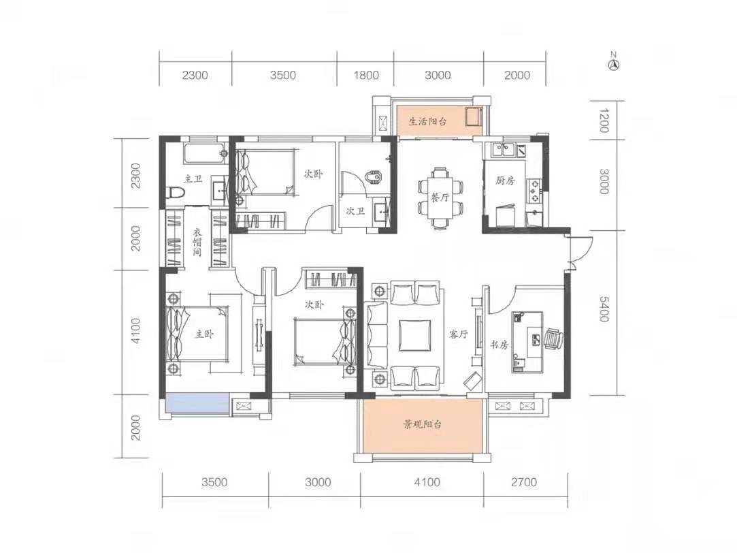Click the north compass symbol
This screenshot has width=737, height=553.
point(613,64)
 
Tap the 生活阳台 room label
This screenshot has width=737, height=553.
point(428,122)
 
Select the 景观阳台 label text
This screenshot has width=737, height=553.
point(423,425)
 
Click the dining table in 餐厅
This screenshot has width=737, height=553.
point(440,197)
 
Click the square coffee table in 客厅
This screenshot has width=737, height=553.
point(415,335)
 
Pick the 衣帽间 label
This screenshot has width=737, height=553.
point(197,242)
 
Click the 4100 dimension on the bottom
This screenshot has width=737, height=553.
point(427,482)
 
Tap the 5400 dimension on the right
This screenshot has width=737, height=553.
point(604,309)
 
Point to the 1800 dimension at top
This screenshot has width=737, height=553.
point(366,75)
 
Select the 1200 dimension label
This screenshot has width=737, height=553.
point(604,121)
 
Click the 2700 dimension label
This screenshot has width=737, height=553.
point(524,482)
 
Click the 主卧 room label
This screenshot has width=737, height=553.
point(204,334)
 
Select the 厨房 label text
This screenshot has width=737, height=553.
point(505,180)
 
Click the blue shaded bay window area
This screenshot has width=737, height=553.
point(197,405)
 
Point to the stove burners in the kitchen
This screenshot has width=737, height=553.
point(534,189)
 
